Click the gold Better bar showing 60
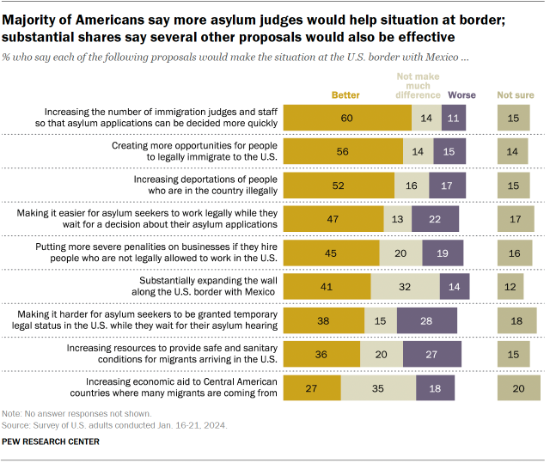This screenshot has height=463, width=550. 347,119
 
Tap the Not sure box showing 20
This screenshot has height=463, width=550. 518,388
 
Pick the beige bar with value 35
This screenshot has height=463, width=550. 378,388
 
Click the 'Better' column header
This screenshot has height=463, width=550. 345,94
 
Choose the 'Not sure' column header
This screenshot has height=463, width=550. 514,94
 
